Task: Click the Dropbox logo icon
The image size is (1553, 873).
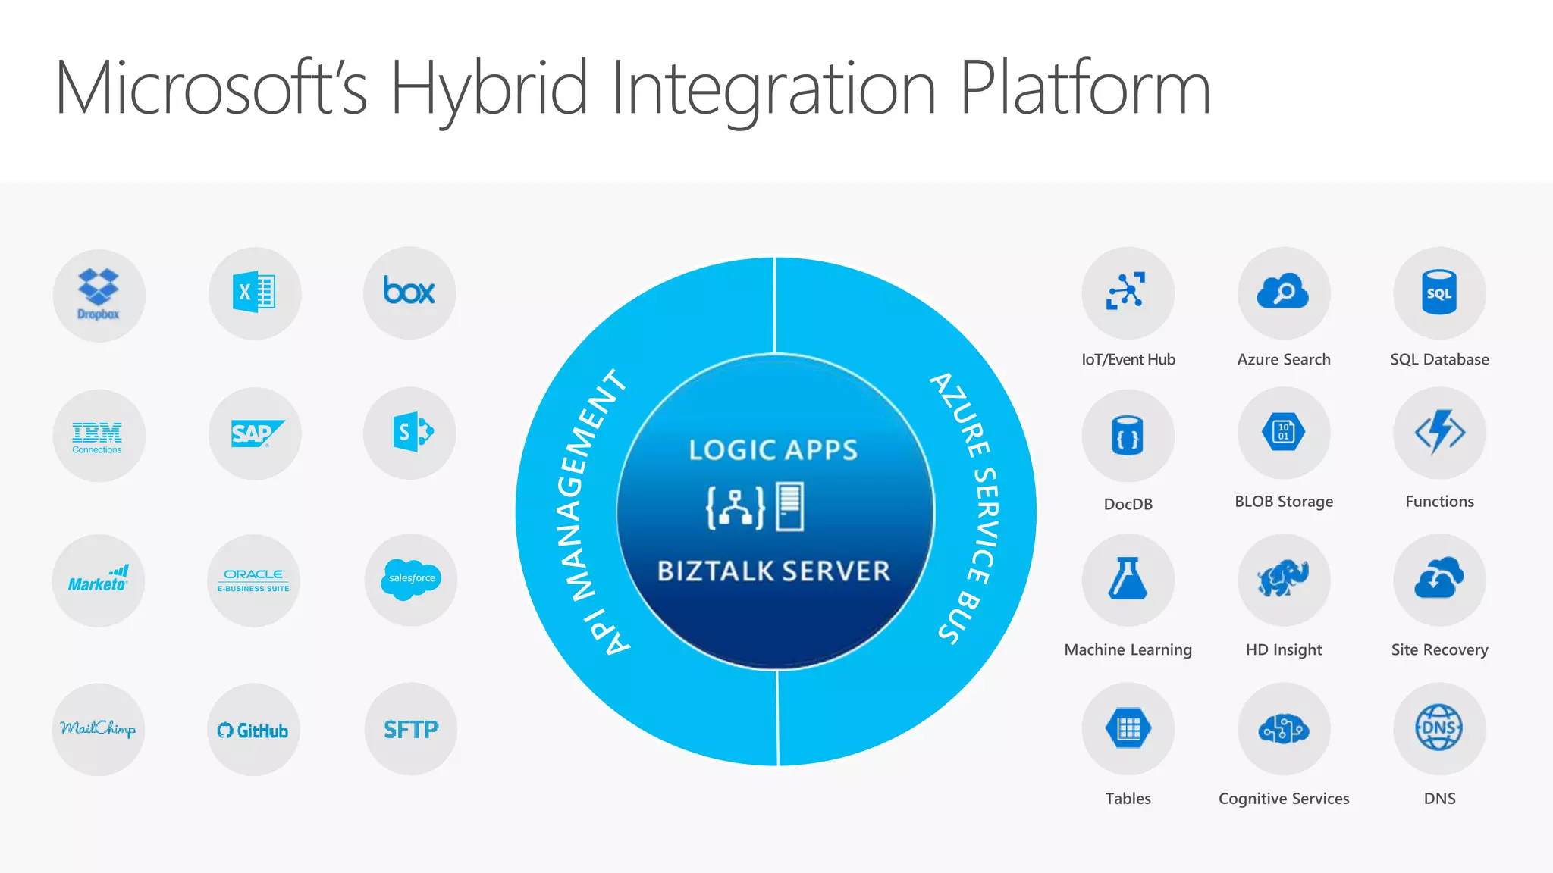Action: pyautogui.click(x=99, y=294)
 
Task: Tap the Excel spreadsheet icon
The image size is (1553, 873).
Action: pyautogui.click(x=255, y=292)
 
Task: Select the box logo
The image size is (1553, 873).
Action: pyautogui.click(x=409, y=291)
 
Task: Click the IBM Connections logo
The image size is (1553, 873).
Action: pyautogui.click(x=98, y=436)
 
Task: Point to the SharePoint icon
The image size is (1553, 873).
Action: pyautogui.click(x=412, y=433)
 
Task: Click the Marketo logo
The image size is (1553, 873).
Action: pyautogui.click(x=98, y=580)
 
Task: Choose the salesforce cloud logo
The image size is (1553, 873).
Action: pyautogui.click(x=412, y=578)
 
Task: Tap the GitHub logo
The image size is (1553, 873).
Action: pyautogui.click(x=253, y=731)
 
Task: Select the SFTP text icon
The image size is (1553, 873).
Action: pyautogui.click(x=411, y=729)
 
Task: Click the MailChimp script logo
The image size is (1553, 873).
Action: pyautogui.click(x=99, y=728)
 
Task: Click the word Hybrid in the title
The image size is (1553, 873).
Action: pyautogui.click(x=489, y=89)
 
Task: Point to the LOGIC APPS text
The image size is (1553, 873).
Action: pyautogui.click(x=773, y=450)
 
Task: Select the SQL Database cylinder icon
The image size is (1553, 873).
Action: pyautogui.click(x=1438, y=293)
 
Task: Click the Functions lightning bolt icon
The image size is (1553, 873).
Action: pyautogui.click(x=1439, y=433)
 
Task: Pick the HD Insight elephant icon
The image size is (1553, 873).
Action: pyautogui.click(x=1283, y=579)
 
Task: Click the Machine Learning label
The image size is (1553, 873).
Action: pyautogui.click(x=1128, y=649)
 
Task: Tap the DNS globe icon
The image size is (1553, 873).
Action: pyautogui.click(x=1438, y=727)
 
